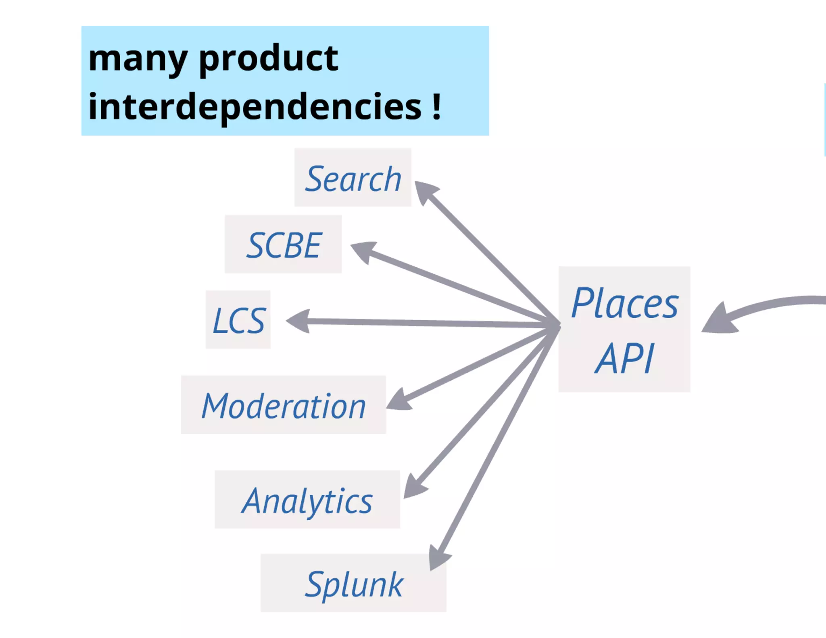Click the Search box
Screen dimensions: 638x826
pyautogui.click(x=353, y=178)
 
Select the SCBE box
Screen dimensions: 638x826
pyautogui.click(x=283, y=244)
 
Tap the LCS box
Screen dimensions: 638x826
pyautogui.click(x=238, y=320)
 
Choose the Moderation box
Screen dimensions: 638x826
pyautogui.click(x=283, y=405)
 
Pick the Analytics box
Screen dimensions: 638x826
pyautogui.click(x=307, y=500)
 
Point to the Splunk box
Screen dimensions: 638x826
pyautogui.click(x=353, y=583)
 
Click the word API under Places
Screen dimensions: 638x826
pyautogui.click(x=624, y=358)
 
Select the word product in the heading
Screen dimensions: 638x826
pyautogui.click(x=269, y=59)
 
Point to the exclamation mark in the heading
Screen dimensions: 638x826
pyautogui.click(x=436, y=106)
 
